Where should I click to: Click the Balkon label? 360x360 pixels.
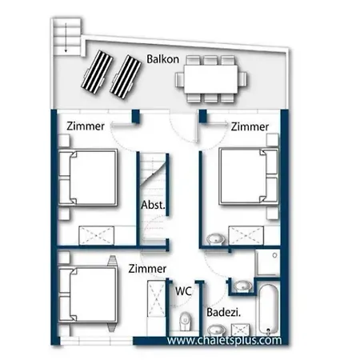(162, 59)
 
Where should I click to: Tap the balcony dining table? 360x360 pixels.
(211, 79)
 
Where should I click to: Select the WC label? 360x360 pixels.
(183, 291)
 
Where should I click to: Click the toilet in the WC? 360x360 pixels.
(185, 321)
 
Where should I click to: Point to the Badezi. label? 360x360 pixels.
(224, 312)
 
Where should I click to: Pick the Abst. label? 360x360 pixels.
(153, 205)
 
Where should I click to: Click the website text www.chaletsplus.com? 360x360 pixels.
(224, 340)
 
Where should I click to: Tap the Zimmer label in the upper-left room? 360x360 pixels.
(86, 126)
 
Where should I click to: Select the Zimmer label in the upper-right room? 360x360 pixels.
(250, 126)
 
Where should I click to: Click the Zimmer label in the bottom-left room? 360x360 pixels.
(147, 268)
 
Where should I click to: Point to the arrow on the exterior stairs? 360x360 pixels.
(66, 38)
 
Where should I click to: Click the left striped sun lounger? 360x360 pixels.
(97, 72)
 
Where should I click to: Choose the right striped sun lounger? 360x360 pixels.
(126, 77)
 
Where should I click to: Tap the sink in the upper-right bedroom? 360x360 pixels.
(216, 238)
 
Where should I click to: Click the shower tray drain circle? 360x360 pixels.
(274, 255)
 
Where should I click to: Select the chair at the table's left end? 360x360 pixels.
(179, 80)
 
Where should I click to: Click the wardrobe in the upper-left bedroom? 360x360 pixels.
(97, 235)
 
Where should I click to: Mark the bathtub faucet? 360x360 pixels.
(269, 331)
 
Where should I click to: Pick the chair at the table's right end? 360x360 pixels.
(242, 79)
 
